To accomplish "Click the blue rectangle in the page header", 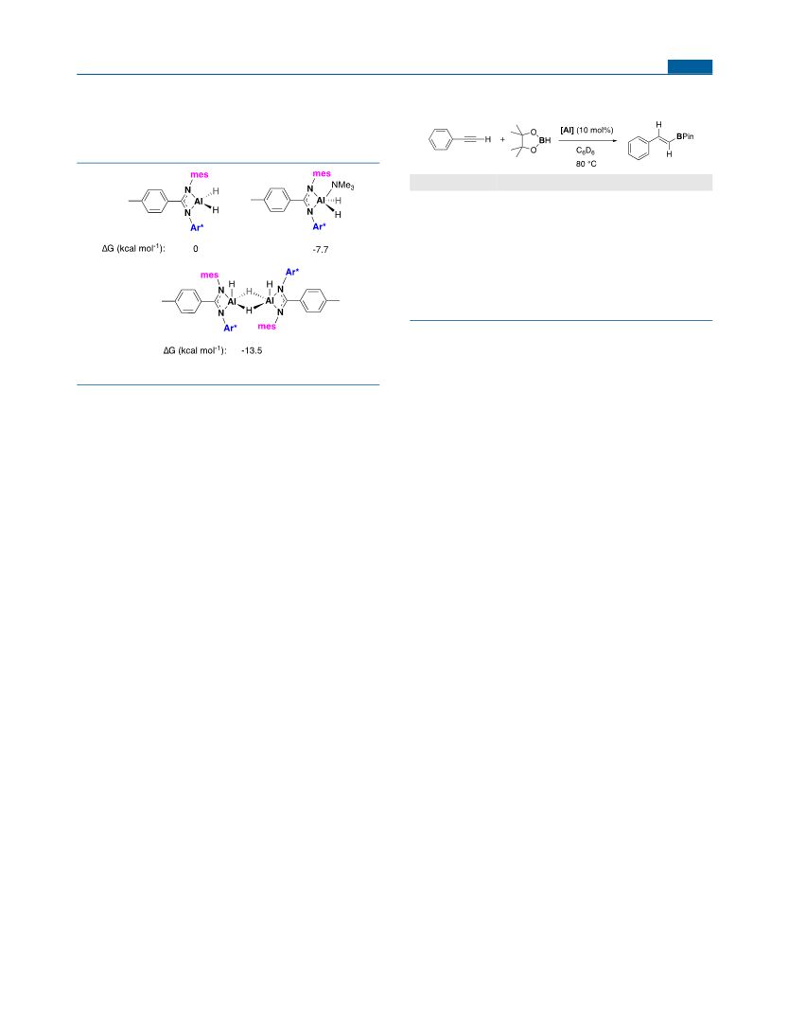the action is [690, 66].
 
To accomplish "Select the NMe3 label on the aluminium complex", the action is [343, 186].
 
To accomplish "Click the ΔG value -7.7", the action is [321, 250].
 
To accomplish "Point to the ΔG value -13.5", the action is [252, 350].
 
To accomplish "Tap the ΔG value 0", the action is [196, 249].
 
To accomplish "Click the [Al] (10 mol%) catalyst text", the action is [587, 130].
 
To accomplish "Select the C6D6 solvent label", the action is [586, 151].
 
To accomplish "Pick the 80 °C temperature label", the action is [586, 164].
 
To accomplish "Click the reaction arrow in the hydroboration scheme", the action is [587, 140].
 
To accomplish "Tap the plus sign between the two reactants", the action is [502, 140].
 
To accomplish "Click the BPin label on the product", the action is [685, 136].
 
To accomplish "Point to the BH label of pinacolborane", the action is [545, 140].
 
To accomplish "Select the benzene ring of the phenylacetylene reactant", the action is [441, 140].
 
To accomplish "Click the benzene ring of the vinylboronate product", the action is [639, 149].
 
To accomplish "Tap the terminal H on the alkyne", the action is [488, 140].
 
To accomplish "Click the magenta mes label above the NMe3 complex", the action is [322, 174].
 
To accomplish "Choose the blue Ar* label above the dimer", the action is [292, 272].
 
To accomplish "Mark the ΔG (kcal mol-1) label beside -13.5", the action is [195, 350].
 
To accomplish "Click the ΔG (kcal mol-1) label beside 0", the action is [133, 248].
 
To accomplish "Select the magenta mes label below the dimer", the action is [268, 327].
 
